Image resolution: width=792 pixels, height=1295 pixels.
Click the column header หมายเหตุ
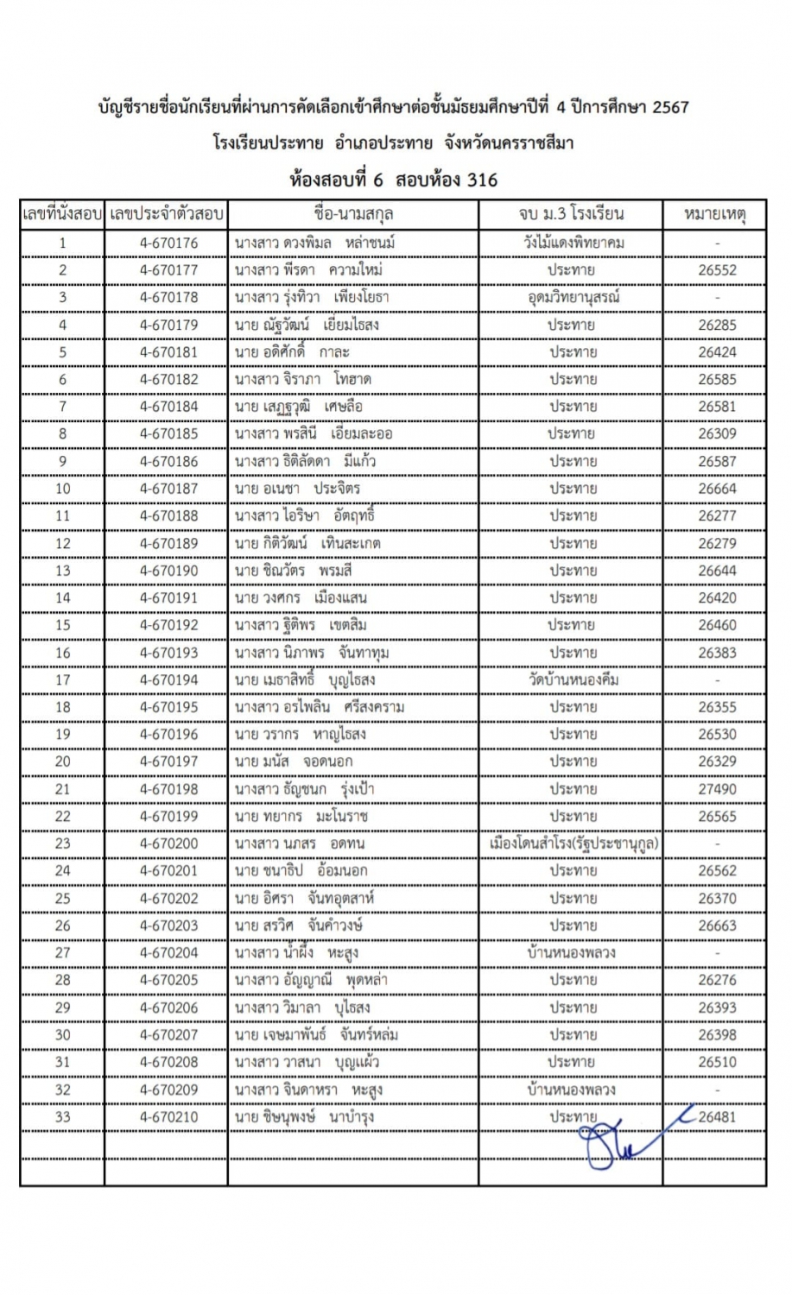715,214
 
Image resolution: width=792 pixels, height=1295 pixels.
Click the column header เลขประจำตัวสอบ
167,214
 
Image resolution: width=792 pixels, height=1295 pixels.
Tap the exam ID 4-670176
168,243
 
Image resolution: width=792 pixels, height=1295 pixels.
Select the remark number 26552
717,270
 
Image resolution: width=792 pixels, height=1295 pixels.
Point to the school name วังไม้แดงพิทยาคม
572,243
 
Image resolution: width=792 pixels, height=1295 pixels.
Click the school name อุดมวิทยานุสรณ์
572,298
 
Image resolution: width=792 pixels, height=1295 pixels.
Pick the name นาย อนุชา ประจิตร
297,489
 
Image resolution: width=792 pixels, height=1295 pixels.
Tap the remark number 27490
717,789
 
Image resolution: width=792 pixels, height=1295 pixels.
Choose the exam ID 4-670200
168,843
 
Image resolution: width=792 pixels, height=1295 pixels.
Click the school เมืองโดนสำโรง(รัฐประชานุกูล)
572,843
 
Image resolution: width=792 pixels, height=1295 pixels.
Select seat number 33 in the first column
62,1117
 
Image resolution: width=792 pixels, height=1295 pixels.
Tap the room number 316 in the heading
481,180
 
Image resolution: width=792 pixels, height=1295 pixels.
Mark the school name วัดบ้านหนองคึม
572,680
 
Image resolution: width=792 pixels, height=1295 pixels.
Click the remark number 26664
717,489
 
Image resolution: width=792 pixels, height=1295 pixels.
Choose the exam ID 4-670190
168,571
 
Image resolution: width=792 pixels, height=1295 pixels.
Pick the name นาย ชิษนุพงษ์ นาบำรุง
304,1117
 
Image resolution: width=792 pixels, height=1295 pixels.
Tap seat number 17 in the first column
62,680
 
